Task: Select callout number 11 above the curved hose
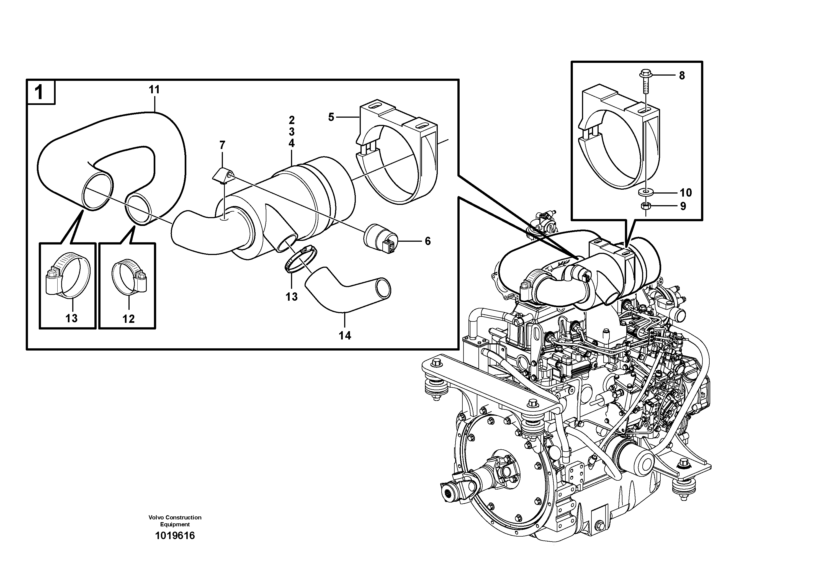tap(154, 90)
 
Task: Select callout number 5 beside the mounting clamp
tap(331, 117)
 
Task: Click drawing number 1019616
tap(175, 536)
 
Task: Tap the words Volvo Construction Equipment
tap(175, 521)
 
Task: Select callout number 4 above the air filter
tap(291, 143)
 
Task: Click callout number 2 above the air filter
tap(291, 120)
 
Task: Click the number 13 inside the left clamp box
tap(71, 318)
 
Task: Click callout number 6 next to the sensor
tap(428, 241)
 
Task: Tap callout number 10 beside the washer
tap(686, 193)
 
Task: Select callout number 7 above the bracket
tap(222, 145)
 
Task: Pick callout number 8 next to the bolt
tap(681, 75)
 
